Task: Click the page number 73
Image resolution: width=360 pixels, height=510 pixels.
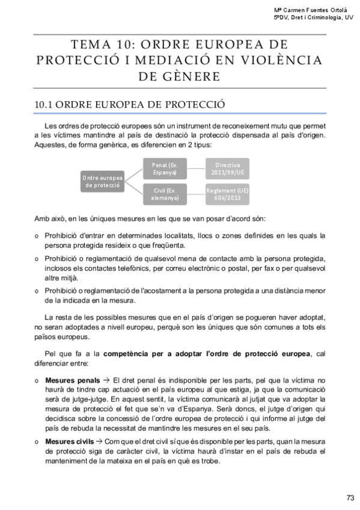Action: pyautogui.click(x=350, y=497)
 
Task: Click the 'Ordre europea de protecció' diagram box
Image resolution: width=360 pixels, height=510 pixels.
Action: pyautogui.click(x=103, y=182)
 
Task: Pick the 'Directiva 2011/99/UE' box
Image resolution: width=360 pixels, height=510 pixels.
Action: pyautogui.click(x=227, y=168)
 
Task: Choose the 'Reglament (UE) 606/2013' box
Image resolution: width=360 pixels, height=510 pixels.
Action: pyautogui.click(x=227, y=194)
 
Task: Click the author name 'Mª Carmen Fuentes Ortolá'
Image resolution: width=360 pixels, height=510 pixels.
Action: pyautogui.click(x=313, y=10)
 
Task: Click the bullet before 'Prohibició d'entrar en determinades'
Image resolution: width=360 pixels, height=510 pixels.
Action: pyautogui.click(x=38, y=236)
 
